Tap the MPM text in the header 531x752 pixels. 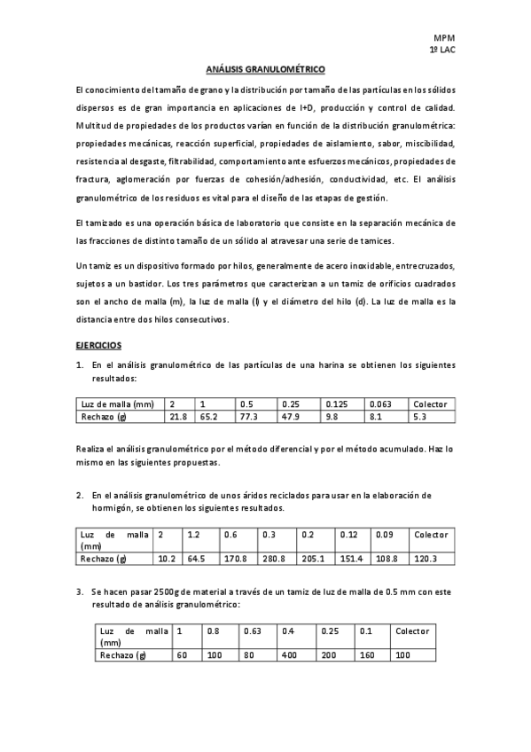[443, 37]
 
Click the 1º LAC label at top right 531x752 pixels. [441, 51]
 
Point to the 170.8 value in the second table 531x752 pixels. [235, 559]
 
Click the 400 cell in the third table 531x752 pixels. [289, 654]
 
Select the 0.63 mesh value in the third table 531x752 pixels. [253, 631]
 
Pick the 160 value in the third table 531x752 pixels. [366, 654]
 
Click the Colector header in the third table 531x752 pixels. [412, 631]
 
